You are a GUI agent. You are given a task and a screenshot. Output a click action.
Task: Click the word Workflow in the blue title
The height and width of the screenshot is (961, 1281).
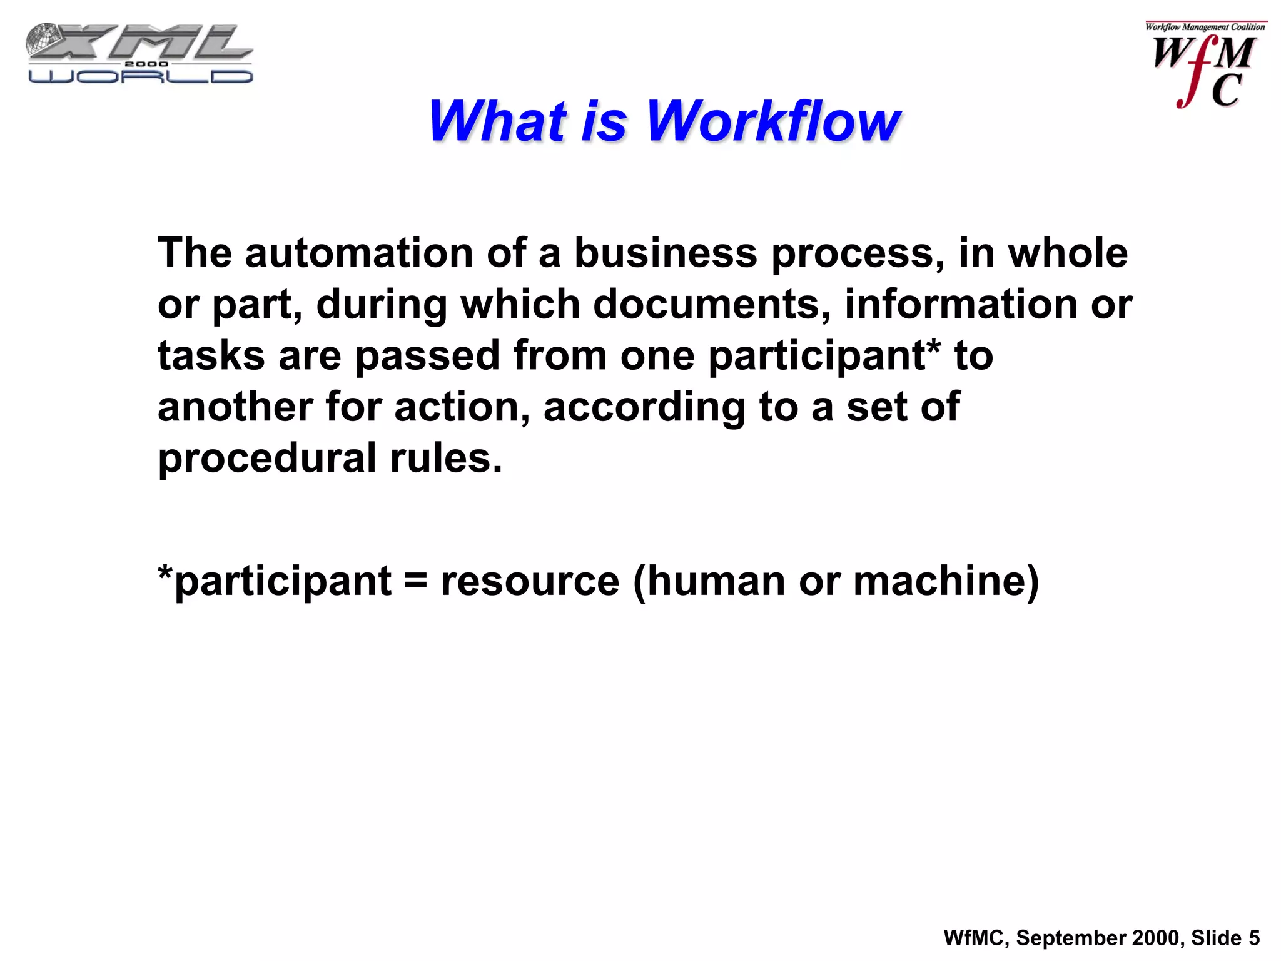point(773,121)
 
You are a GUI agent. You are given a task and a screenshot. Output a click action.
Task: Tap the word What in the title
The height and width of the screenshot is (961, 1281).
point(497,121)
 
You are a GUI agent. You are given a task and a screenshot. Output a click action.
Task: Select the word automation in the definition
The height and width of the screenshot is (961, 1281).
point(359,253)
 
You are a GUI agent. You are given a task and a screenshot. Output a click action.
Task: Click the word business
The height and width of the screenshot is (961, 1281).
point(666,253)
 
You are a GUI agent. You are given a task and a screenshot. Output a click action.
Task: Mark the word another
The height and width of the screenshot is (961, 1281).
point(235,407)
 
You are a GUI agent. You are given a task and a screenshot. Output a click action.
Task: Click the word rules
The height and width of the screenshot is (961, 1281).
point(446,459)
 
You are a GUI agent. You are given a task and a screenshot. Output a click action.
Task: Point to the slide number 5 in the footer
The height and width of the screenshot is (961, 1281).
point(1254,938)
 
